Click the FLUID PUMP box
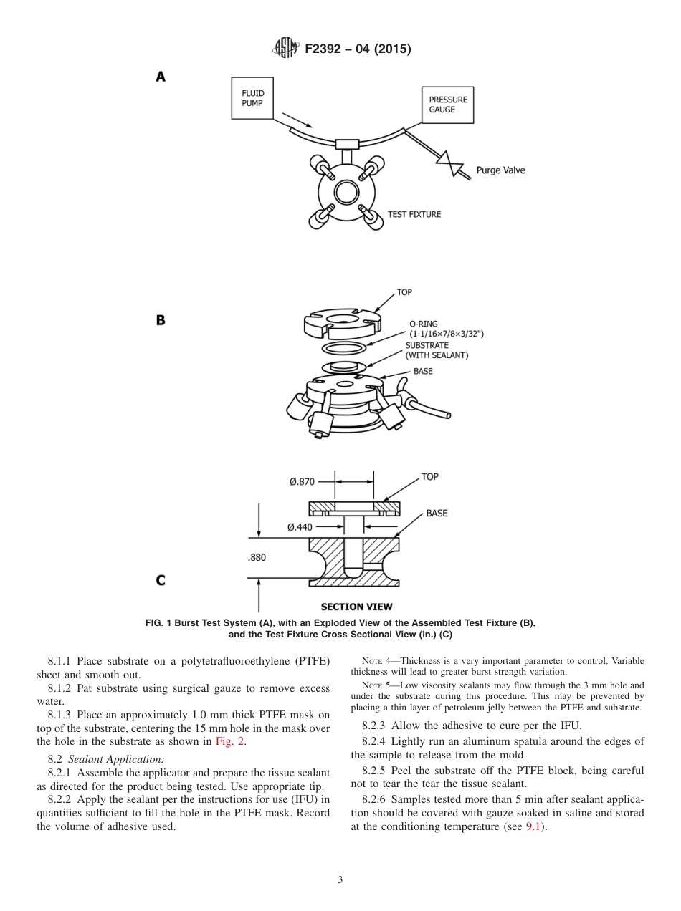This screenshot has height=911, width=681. [x=252, y=98]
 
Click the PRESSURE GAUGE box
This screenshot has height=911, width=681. [x=447, y=105]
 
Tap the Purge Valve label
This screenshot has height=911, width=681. [x=500, y=170]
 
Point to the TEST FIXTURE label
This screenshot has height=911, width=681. [x=414, y=214]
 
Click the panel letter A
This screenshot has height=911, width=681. [x=161, y=77]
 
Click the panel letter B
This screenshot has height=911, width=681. [x=161, y=320]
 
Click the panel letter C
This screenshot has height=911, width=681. [x=161, y=580]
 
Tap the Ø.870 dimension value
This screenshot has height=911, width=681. [x=302, y=482]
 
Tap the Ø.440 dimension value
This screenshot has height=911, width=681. [x=300, y=527]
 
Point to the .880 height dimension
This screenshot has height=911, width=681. [x=257, y=557]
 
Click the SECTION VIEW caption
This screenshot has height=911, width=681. [x=356, y=607]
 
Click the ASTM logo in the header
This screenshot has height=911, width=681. [x=286, y=49]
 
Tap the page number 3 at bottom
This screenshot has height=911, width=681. [x=340, y=879]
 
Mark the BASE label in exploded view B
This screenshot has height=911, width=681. [x=423, y=372]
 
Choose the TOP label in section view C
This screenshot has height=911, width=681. [x=429, y=477]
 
